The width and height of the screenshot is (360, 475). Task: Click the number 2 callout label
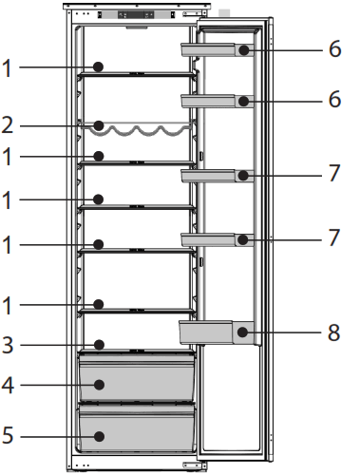point(8,124)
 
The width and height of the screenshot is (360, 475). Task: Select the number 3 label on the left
point(8,347)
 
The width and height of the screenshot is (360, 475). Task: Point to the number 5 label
point(8,436)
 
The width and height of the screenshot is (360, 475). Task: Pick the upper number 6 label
point(333,49)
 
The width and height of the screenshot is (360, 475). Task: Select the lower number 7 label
point(333,240)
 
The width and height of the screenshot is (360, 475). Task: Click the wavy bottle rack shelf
point(142,127)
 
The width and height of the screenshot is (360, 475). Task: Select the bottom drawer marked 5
point(138,432)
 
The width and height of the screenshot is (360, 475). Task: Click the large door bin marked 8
point(214,332)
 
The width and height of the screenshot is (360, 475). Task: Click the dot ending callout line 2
point(99,124)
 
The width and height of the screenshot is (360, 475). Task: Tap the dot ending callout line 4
point(99,386)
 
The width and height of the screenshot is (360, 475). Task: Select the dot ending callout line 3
point(99,347)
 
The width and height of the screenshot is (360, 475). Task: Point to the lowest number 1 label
point(8,305)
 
